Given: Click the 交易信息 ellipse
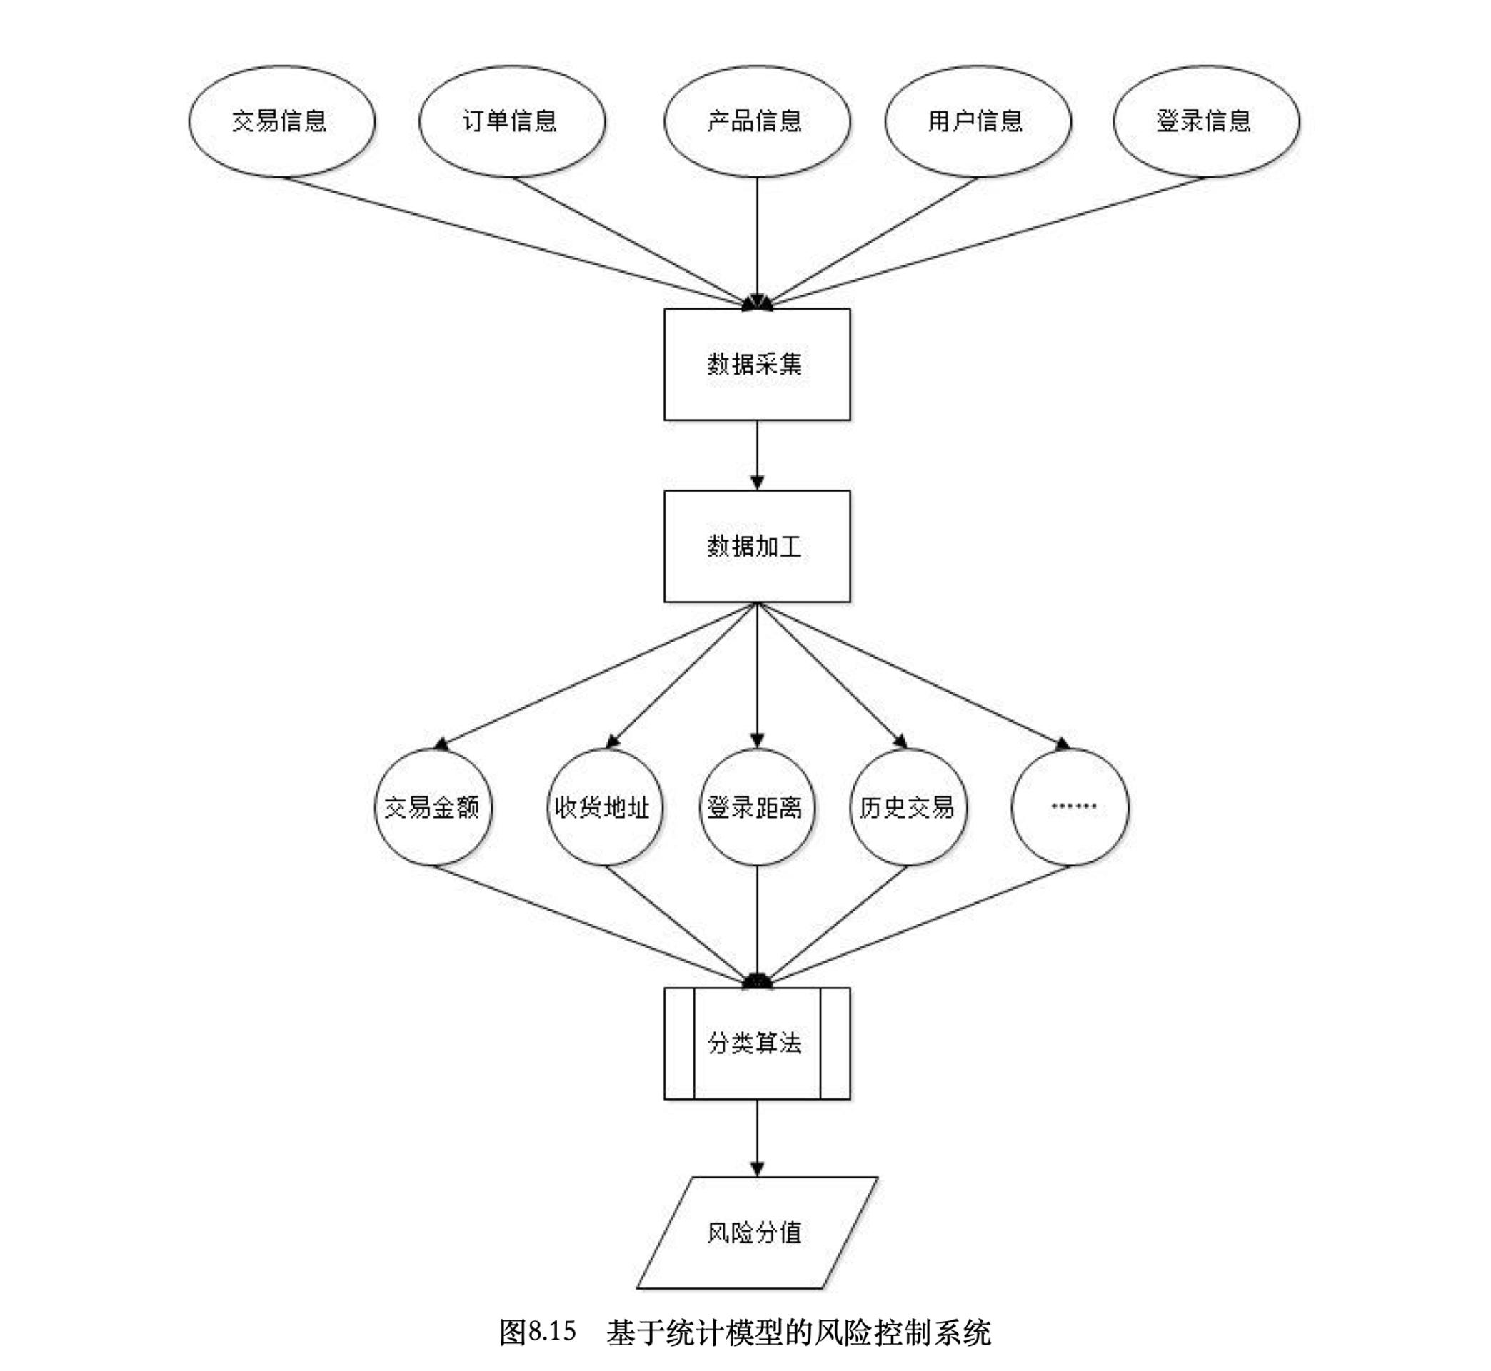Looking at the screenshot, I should (281, 121).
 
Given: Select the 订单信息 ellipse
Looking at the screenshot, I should (511, 121).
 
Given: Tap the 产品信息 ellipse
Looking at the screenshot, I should (756, 121).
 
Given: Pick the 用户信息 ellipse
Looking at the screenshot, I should (978, 121).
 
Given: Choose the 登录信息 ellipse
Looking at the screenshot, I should (1206, 121).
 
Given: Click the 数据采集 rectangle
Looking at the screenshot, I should (756, 364).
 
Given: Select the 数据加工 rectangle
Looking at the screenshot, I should (756, 546).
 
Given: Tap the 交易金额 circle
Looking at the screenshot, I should (433, 807).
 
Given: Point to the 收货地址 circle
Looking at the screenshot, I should (603, 807).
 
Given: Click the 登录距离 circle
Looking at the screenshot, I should (756, 807).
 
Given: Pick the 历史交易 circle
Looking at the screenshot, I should (908, 807).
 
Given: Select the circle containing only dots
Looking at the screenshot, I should (1070, 807).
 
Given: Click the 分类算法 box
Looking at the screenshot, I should (756, 1043).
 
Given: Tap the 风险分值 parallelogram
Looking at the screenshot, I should (756, 1233).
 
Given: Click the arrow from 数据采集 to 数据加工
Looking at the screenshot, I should (757, 454).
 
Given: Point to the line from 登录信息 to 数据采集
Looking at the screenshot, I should (987, 241).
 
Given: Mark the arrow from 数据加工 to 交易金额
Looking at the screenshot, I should (593, 674).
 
